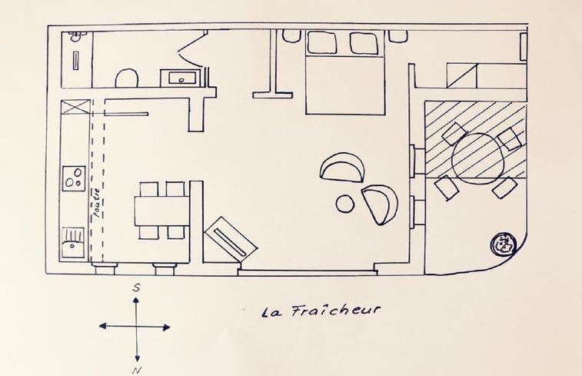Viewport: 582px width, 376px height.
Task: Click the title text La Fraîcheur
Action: [x=321, y=311]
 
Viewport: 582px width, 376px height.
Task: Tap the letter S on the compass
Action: [x=135, y=288]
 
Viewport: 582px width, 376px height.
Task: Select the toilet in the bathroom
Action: [x=126, y=78]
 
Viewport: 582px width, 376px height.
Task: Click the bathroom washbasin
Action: [x=181, y=77]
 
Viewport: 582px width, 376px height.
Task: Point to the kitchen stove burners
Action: [x=75, y=179]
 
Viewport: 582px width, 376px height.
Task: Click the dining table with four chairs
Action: [x=162, y=211]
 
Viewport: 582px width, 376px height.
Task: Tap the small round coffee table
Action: [x=345, y=203]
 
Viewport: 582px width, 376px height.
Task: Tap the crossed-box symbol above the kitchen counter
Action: [x=74, y=108]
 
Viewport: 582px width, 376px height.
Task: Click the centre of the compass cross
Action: [x=136, y=327]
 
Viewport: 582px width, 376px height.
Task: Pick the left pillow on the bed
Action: [x=321, y=43]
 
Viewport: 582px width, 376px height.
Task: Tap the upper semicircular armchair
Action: [x=343, y=167]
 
